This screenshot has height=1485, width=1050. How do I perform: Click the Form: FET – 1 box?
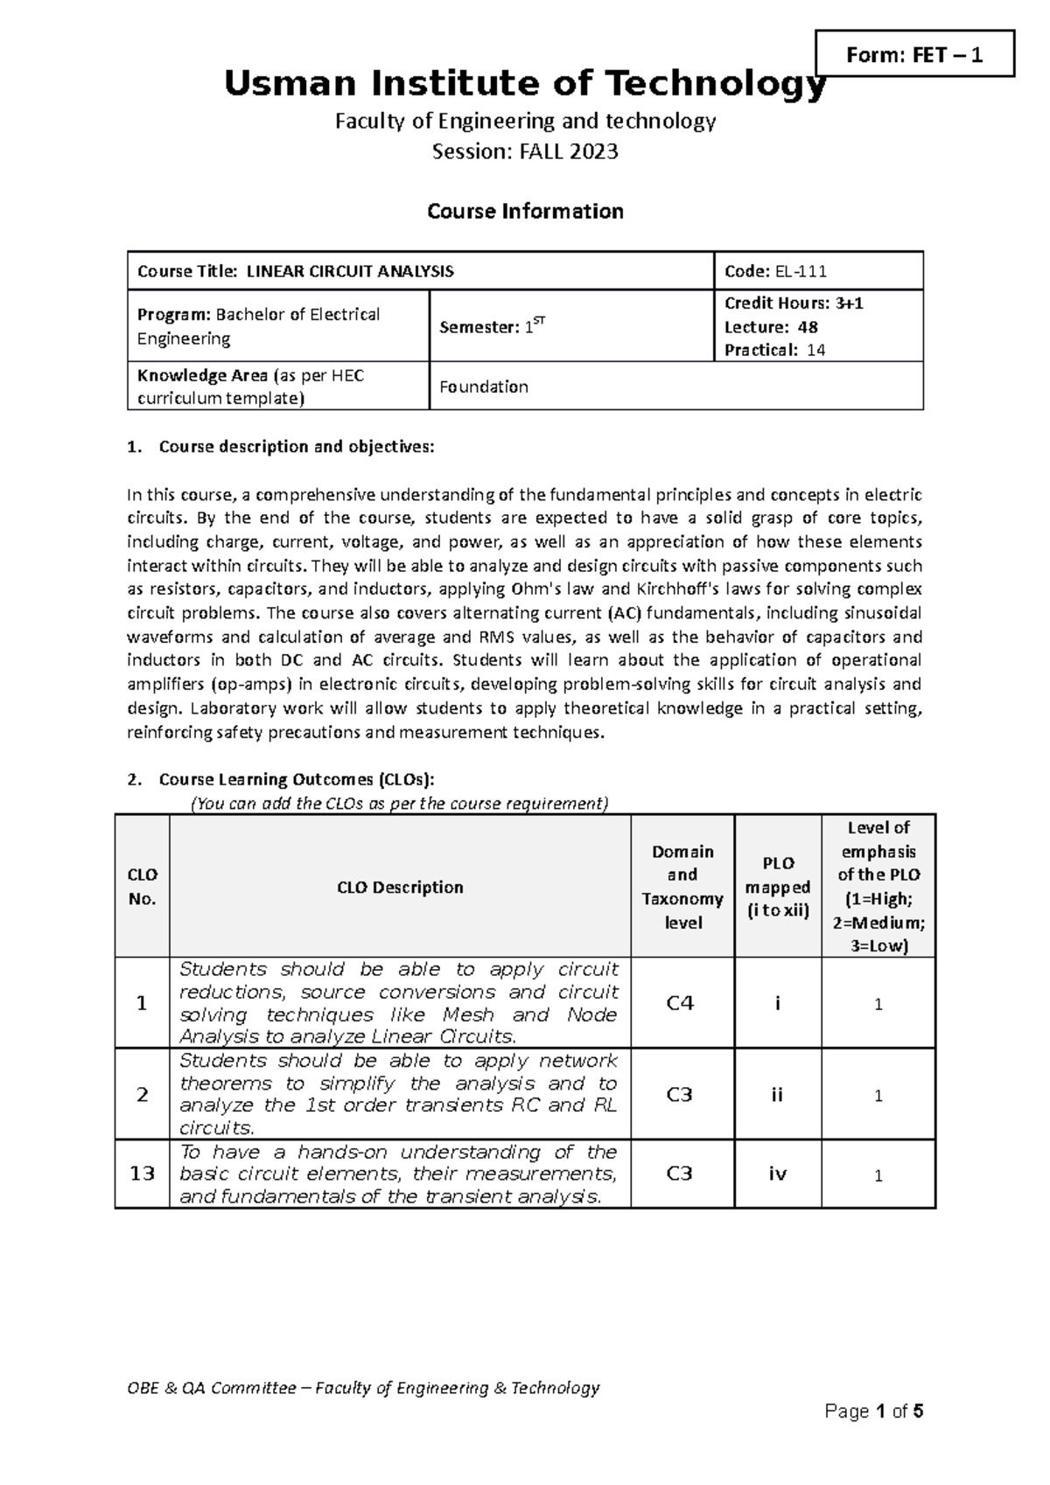[914, 55]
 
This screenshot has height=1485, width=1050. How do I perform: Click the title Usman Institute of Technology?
[525, 85]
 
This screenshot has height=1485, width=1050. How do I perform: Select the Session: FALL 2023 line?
[525, 152]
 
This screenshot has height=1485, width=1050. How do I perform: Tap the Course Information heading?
[525, 212]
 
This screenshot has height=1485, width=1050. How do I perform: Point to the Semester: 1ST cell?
[493, 327]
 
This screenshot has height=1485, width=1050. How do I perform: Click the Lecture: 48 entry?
[771, 327]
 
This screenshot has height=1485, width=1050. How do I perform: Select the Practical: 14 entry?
[773, 350]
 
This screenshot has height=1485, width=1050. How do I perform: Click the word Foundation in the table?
[483, 387]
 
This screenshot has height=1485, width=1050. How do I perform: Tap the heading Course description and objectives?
[296, 447]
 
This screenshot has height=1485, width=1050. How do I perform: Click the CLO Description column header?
[400, 887]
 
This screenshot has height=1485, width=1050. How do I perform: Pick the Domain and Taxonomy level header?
[682, 887]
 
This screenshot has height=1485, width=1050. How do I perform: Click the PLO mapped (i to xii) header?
[777, 887]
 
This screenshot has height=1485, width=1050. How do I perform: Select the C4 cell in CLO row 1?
[680, 1003]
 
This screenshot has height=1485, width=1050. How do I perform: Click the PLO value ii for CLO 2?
[777, 1095]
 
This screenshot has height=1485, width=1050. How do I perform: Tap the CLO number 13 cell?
[142, 1174]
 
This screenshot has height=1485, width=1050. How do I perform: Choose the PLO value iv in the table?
[777, 1174]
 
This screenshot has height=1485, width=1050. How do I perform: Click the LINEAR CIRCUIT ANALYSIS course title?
[350, 271]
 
